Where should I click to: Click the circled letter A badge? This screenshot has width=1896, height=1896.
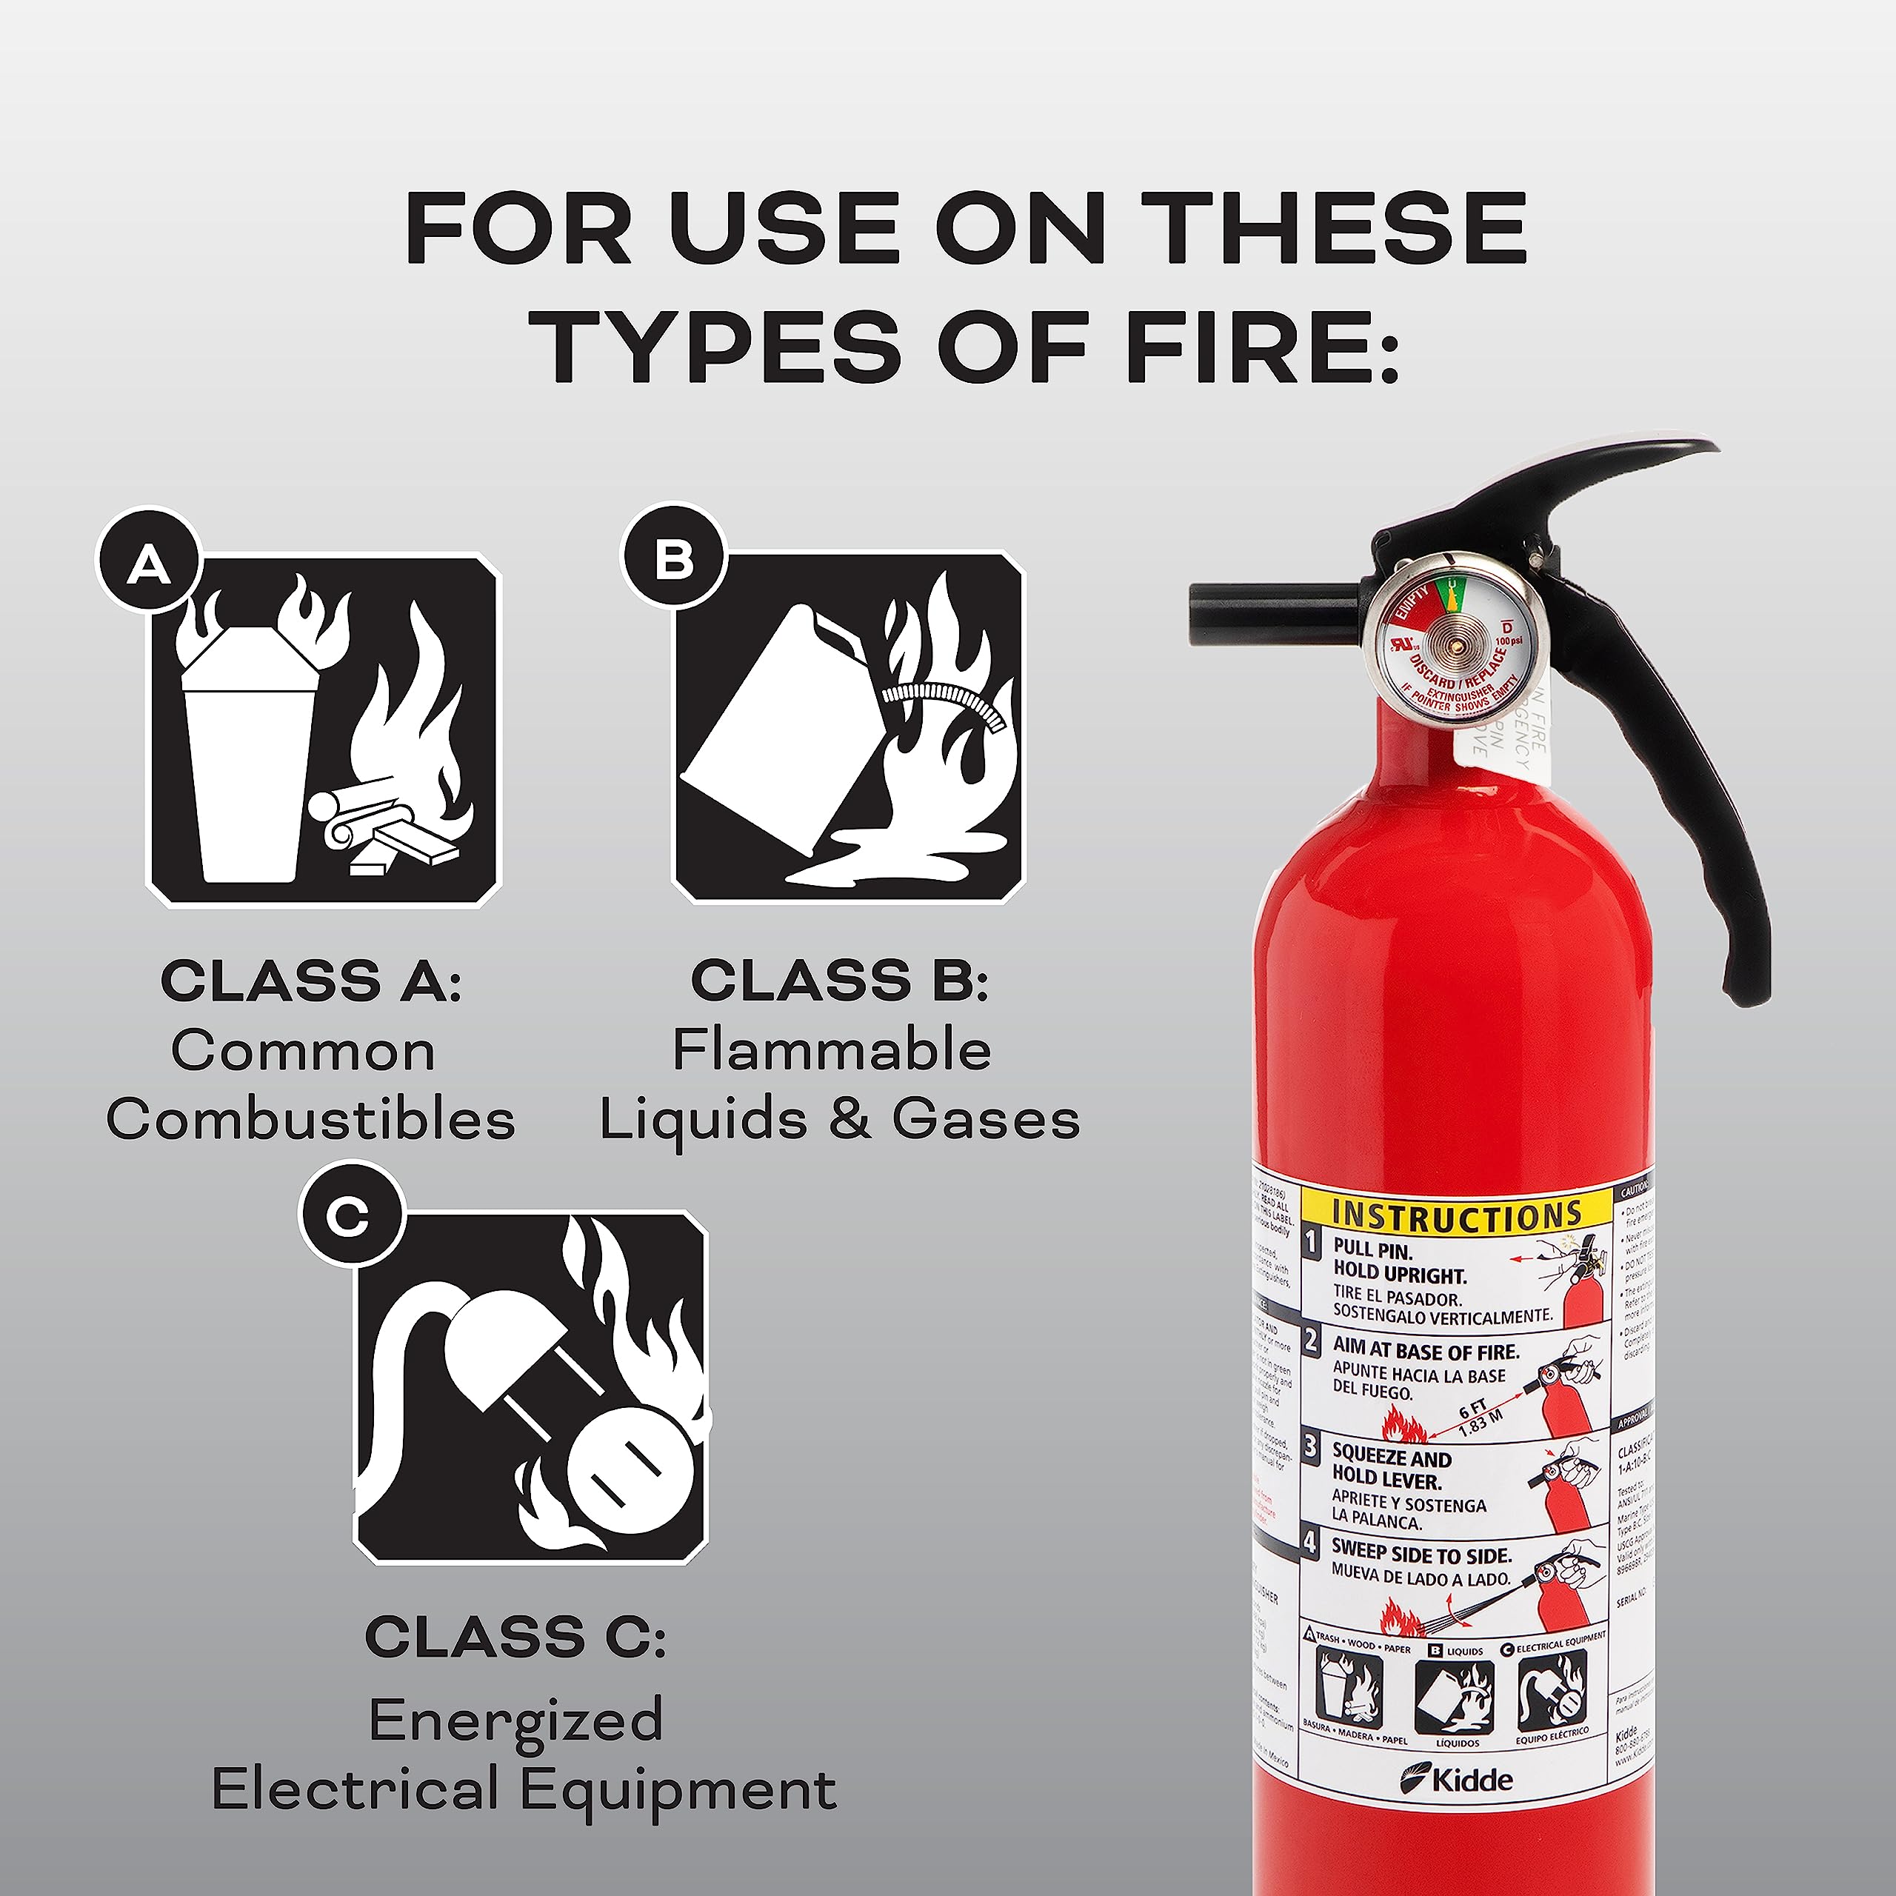(149, 564)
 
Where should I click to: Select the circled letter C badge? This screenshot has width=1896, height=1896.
(350, 1217)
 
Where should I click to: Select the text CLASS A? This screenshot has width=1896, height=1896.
(310, 981)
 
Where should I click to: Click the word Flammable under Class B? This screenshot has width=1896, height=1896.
(831, 1050)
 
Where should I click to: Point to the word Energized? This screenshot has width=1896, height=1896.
(516, 1719)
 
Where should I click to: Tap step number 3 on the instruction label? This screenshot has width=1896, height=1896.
(1311, 1446)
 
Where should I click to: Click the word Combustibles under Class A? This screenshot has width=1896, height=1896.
(310, 1119)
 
